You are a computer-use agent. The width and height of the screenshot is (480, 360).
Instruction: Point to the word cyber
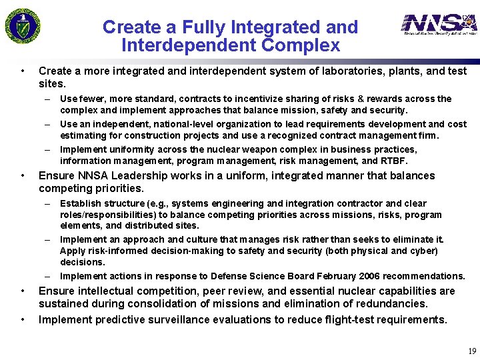point(423,251)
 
